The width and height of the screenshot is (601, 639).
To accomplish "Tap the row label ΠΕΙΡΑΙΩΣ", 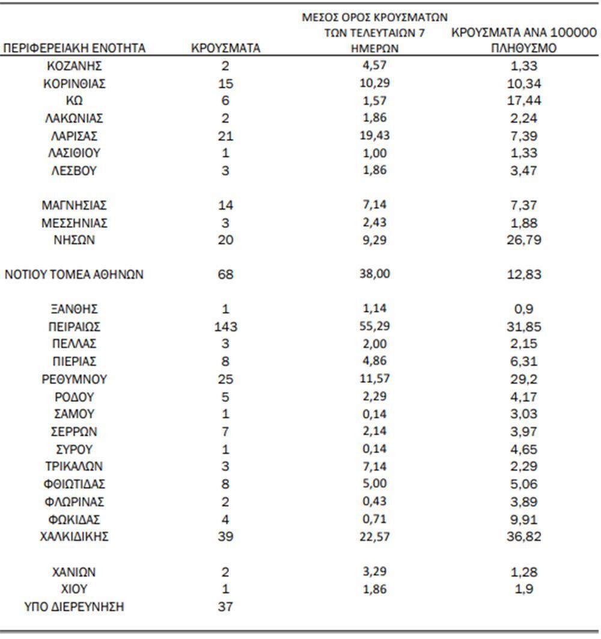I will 75,327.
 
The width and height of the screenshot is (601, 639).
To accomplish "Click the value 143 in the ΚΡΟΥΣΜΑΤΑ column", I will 225,327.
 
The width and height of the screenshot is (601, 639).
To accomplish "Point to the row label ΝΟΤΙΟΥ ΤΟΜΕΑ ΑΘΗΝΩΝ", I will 75,275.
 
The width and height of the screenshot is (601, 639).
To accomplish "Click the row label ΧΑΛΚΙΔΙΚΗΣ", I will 75,537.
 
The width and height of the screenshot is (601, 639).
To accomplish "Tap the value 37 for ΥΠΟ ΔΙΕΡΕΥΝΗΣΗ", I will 225,607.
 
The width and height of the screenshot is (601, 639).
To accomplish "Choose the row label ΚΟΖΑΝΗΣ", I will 75,66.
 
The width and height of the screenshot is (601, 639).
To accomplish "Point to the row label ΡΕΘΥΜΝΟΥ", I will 75,380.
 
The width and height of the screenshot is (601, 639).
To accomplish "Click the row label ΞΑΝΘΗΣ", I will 75,310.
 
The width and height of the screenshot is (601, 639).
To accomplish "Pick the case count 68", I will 225,275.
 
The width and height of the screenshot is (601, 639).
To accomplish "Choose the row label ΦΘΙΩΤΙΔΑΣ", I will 75,484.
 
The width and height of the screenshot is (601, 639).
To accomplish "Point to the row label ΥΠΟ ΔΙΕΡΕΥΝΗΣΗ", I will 75,607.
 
